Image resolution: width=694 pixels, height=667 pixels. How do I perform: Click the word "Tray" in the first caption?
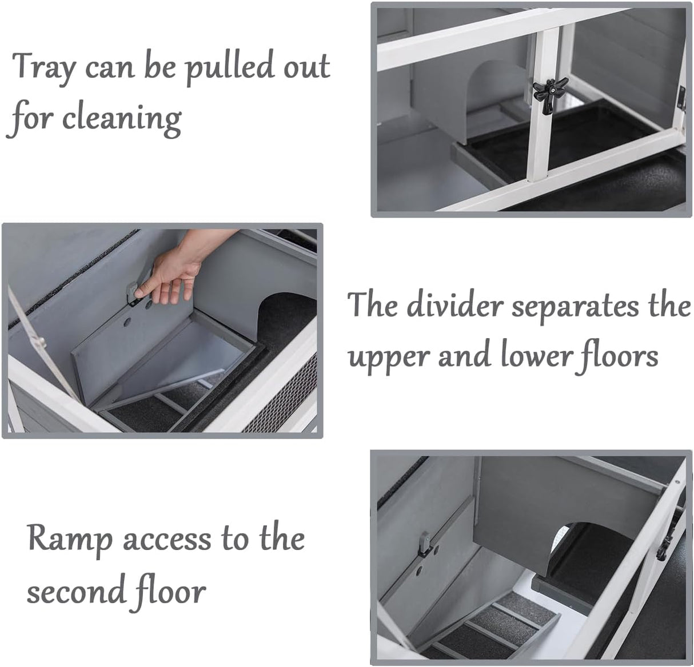click(45, 68)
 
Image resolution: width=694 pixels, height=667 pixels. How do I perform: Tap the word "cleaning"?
click(122, 119)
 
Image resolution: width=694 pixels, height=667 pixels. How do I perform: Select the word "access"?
click(167, 541)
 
